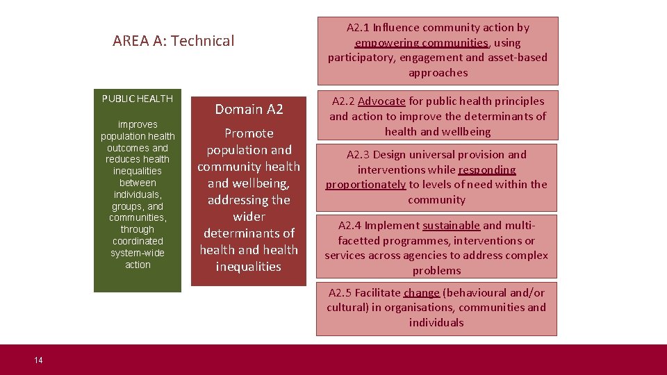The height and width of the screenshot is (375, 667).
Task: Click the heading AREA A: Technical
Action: coord(174,41)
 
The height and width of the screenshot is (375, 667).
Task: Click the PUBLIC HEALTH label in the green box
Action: coord(138,99)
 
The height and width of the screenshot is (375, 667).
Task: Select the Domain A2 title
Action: coord(249,109)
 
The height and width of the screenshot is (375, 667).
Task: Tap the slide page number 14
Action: coord(38,360)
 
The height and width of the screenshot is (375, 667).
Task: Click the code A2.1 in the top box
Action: coord(358,28)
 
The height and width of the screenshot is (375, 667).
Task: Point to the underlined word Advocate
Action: coord(381,101)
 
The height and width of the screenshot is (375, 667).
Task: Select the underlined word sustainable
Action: coord(451,225)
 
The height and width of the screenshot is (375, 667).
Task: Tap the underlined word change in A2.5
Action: coord(421,292)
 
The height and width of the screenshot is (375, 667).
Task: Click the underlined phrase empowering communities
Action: coord(422,43)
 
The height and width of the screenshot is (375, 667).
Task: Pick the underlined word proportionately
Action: coord(365,185)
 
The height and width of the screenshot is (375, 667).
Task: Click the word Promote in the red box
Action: coord(249,133)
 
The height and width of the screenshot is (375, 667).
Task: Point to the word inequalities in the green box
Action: coord(138,171)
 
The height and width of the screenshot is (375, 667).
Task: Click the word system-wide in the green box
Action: coord(138,253)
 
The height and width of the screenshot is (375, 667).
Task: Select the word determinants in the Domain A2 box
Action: coord(249,233)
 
